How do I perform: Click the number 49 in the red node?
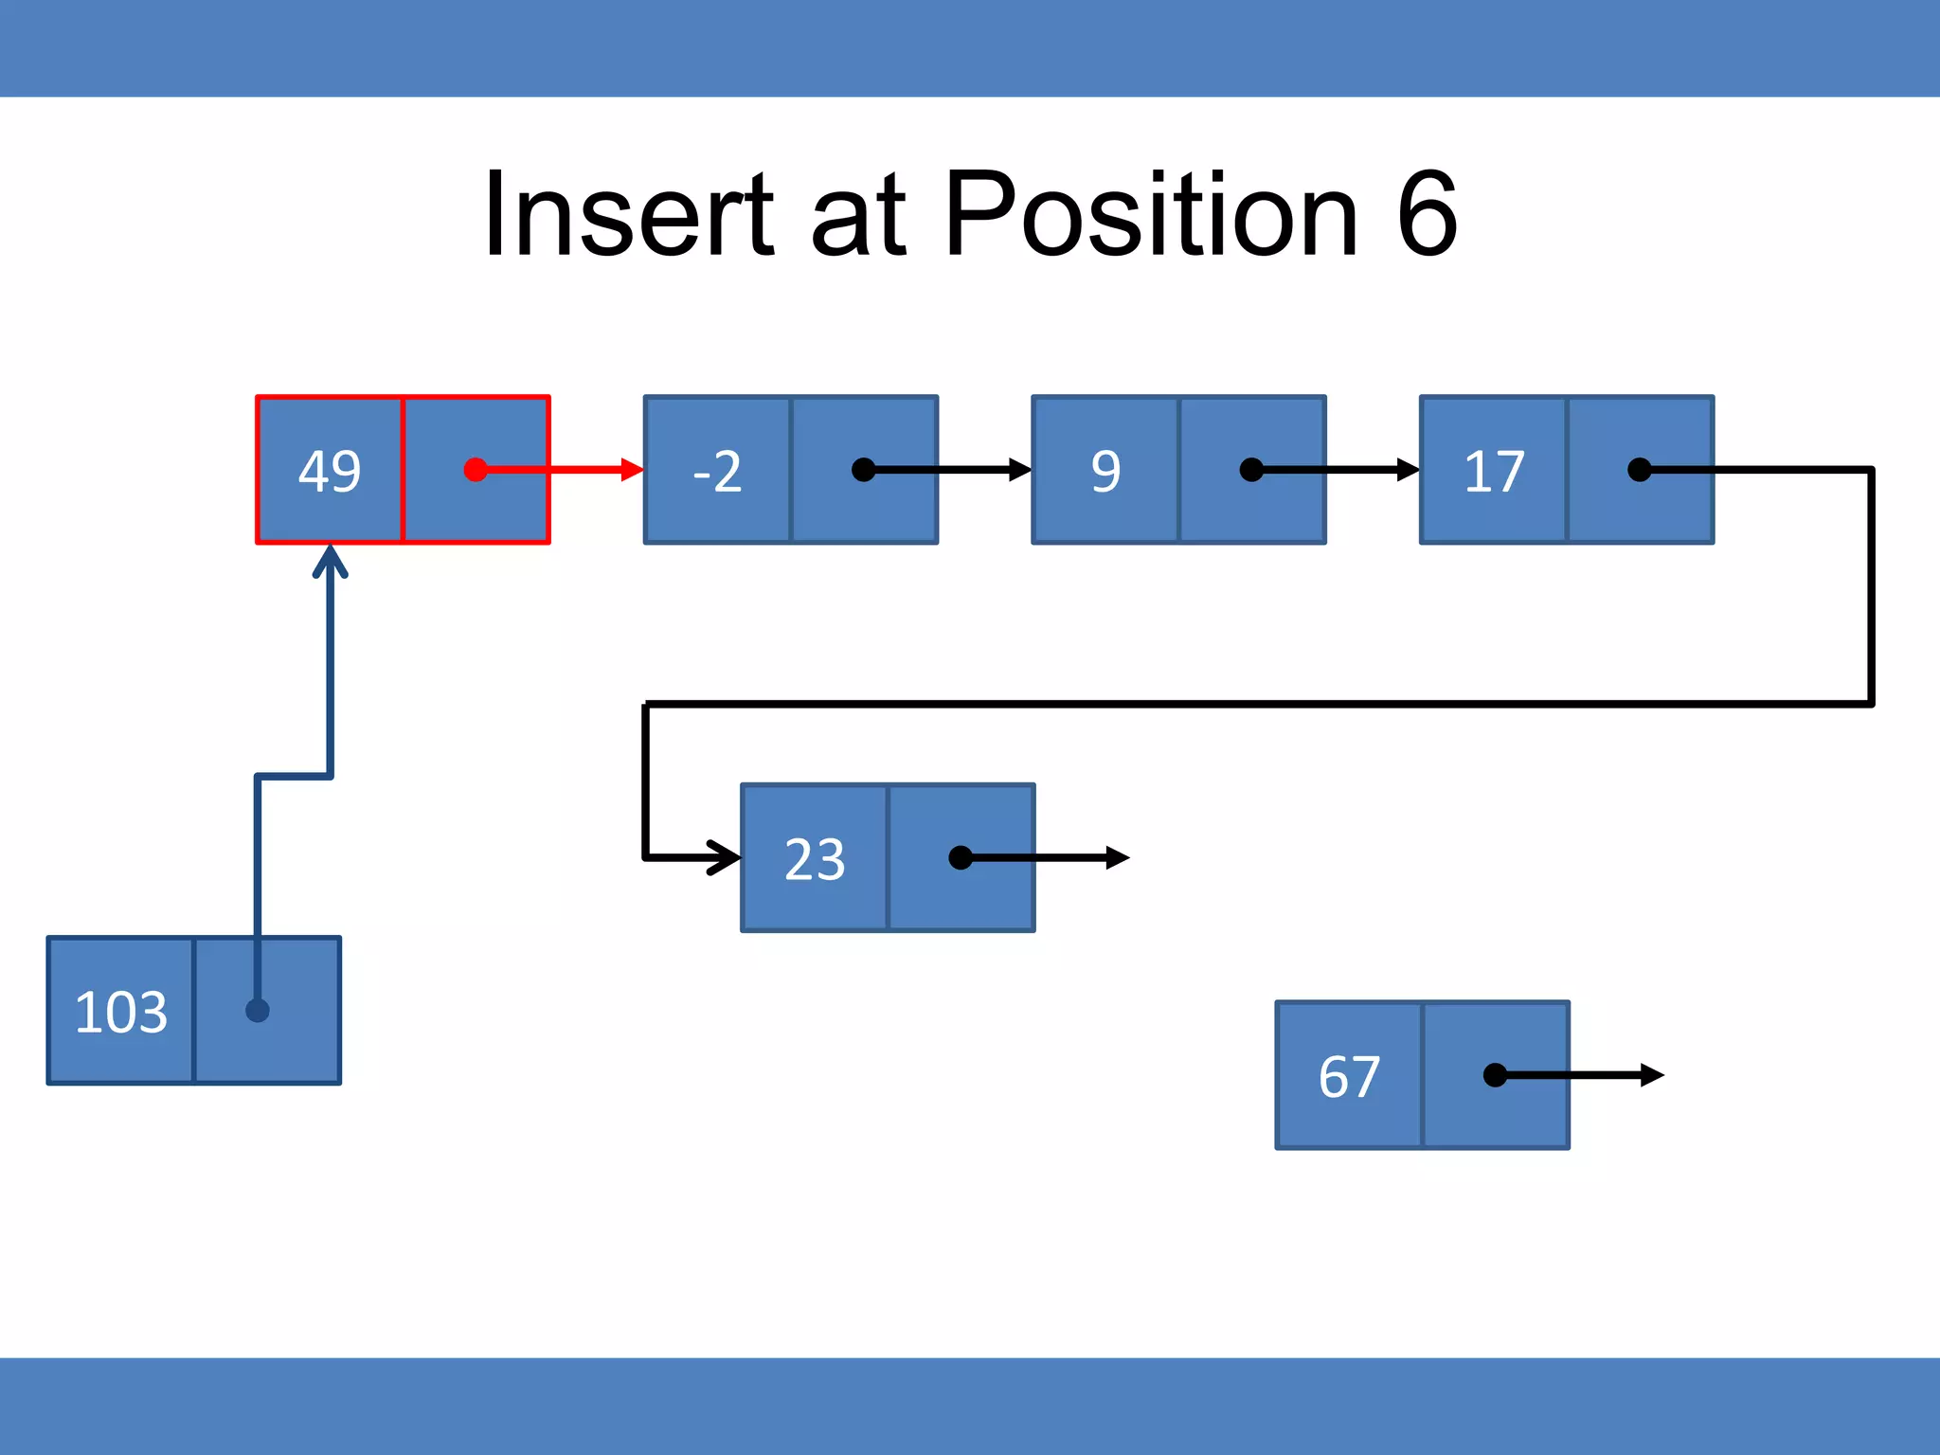[330, 471]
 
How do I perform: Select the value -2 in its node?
[717, 471]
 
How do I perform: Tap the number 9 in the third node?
[1105, 471]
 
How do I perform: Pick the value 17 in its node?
[1494, 471]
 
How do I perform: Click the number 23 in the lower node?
[815, 859]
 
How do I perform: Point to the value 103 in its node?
[121, 1012]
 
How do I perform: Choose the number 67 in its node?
[1349, 1076]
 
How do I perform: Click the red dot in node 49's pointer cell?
[476, 470]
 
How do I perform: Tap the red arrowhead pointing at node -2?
[632, 470]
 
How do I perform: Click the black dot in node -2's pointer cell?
[863, 470]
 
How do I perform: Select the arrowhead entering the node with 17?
[1408, 470]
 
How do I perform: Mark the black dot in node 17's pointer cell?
[1639, 470]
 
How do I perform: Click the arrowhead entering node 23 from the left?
[727, 857]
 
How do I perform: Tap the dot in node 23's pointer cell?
[960, 857]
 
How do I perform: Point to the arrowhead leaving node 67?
[1652, 1075]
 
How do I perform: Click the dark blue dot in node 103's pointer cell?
[258, 1011]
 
